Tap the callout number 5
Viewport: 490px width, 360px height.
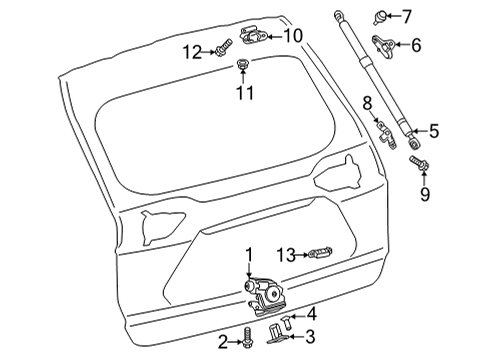pyautogui.click(x=433, y=129)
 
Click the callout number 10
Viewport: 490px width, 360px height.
pyautogui.click(x=292, y=36)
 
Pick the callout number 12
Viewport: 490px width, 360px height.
pyautogui.click(x=190, y=50)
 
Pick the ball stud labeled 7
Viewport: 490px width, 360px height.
pyautogui.click(x=412, y=15)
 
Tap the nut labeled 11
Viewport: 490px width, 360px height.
pyautogui.click(x=243, y=66)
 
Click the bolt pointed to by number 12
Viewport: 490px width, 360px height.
pyautogui.click(x=222, y=46)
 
